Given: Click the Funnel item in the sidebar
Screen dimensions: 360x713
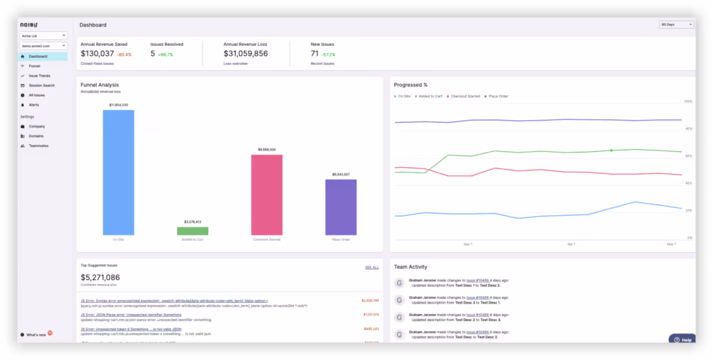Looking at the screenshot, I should [x=35, y=66].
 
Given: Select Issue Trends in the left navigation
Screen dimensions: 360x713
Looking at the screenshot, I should [x=40, y=75].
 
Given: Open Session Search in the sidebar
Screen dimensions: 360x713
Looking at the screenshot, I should [x=42, y=85].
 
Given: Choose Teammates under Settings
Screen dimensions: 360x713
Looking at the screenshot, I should [x=39, y=146].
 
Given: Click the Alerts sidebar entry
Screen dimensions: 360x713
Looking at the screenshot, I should [x=34, y=104].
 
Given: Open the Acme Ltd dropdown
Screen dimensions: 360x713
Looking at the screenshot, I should [x=42, y=35].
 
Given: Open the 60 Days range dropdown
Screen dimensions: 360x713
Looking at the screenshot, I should [x=676, y=25].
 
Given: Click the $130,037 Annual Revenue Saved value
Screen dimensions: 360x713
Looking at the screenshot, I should [x=97, y=54].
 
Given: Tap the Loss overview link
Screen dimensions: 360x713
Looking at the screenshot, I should [x=237, y=63].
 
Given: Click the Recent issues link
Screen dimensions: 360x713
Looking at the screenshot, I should [x=322, y=63].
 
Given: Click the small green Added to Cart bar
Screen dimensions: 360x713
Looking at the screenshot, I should [x=192, y=230].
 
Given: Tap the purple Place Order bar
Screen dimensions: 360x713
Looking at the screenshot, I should [x=340, y=207].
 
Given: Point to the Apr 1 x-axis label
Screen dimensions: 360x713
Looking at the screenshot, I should [x=571, y=244].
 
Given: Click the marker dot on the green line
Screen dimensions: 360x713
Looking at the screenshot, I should [x=611, y=150].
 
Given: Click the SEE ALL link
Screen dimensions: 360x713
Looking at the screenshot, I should [x=372, y=267].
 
